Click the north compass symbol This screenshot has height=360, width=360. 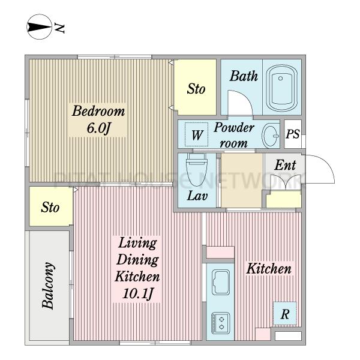point(39,27)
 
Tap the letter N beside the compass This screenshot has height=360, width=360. point(59,28)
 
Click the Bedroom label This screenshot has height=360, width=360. point(98,111)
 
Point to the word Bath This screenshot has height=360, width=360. point(244,76)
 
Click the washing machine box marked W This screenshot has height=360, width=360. point(197,135)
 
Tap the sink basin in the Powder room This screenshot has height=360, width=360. point(270,136)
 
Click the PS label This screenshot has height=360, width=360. point(293,134)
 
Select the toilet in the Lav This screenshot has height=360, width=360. point(196,170)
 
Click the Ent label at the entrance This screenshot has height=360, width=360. point(285,165)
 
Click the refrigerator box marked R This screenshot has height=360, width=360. point(284,314)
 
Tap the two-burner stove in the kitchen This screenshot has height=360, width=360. point(221,323)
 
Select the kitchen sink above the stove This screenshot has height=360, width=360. point(221,282)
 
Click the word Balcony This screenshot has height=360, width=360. point(49,286)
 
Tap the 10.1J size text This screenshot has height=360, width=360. point(137,293)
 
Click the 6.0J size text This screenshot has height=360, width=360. point(99,128)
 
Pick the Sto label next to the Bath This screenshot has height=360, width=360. point(196,89)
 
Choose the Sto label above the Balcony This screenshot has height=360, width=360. point(50,207)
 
